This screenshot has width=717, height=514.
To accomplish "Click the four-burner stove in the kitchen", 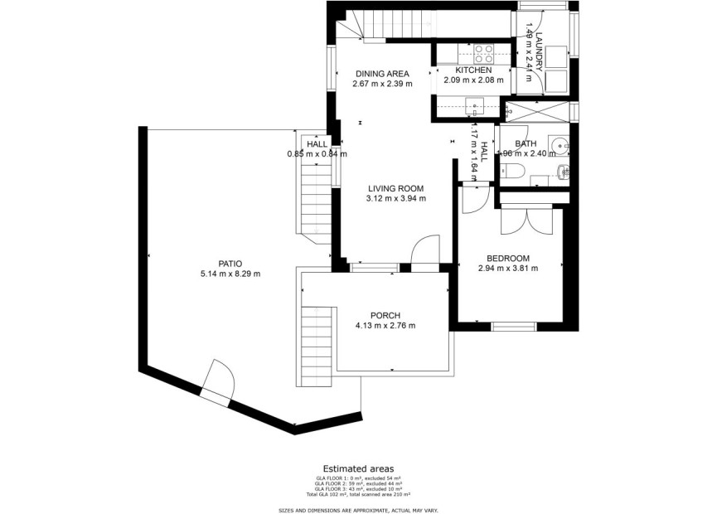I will (483, 54).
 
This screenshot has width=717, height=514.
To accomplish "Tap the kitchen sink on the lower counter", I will (474, 105).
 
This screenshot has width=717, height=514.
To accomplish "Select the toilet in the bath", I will (511, 171).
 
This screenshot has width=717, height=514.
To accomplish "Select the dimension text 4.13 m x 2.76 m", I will (385, 326).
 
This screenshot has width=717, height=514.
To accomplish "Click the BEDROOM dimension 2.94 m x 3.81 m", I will (508, 268).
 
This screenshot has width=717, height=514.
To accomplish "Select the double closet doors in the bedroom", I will (527, 219).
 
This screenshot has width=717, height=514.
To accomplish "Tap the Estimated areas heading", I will (358, 468).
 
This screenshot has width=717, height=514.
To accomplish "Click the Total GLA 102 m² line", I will (358, 495).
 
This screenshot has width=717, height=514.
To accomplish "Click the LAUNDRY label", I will (538, 51).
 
